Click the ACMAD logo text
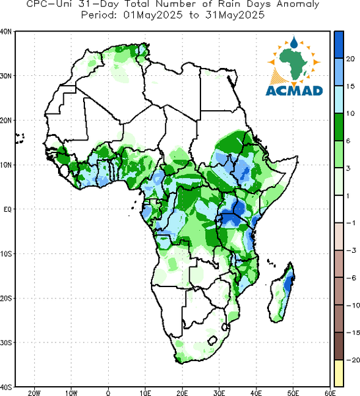[x=294, y=91]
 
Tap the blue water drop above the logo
[x=294, y=43]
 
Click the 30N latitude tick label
[x=6, y=76]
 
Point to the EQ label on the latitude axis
[x=7, y=209]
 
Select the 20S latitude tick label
[x=6, y=298]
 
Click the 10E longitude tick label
[x=145, y=393]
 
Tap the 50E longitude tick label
[x=293, y=393]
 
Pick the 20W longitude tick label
[x=34, y=393]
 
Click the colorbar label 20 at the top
[x=351, y=59]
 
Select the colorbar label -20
[x=353, y=360]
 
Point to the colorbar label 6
[x=348, y=141]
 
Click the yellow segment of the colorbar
[x=339, y=373]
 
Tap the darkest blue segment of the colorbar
[x=339, y=45]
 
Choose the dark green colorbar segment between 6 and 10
[x=339, y=127]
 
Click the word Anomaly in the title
[x=298, y=4]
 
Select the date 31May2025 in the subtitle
[x=235, y=15]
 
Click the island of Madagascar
[x=282, y=292]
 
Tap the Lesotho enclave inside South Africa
[x=213, y=341]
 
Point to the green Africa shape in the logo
[x=293, y=63]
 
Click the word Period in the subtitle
[x=98, y=15]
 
